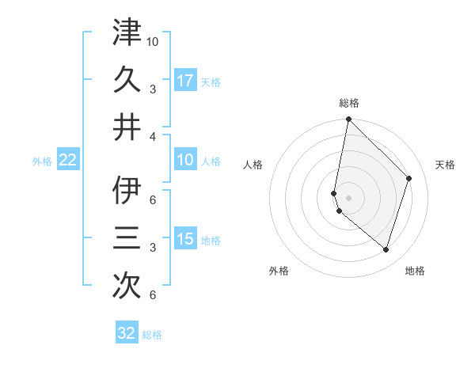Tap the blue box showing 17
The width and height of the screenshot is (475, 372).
click(185, 80)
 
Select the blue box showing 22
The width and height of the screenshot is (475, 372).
click(68, 161)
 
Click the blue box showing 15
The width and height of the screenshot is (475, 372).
click(185, 240)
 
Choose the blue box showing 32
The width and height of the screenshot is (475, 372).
click(127, 333)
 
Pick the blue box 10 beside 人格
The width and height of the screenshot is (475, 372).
click(185, 161)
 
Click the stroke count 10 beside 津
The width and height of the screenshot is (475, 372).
click(153, 40)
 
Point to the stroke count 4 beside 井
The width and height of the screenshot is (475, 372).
click(153, 136)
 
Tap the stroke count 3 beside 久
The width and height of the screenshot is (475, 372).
click(153, 89)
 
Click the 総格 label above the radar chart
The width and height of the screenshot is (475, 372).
click(349, 103)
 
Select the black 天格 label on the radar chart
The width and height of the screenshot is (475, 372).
click(445, 165)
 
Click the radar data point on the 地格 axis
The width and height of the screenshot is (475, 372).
click(386, 250)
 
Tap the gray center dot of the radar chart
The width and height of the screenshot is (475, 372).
click(349, 197)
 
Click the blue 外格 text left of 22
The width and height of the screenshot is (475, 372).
click(42, 161)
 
